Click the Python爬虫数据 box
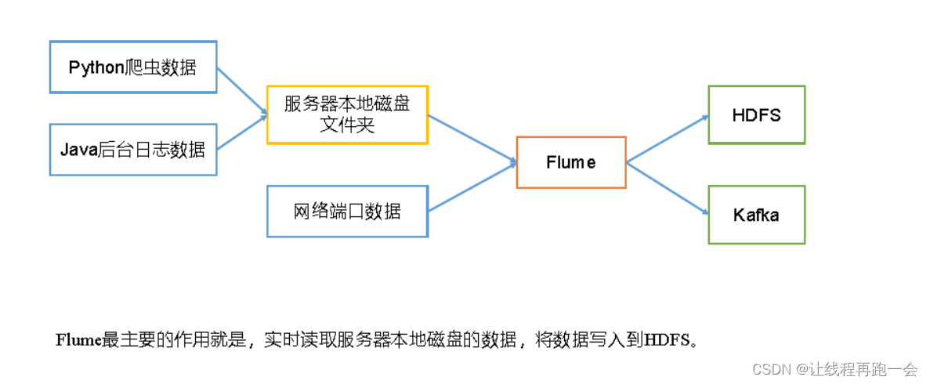132,67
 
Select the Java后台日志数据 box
132,149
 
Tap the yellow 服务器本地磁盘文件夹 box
347,114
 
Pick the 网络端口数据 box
347,211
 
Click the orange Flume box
570,162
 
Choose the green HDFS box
756,114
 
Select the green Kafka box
756,214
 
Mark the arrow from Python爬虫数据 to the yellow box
241,91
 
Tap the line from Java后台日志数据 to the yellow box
241,134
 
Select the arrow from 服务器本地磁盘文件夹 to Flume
472,138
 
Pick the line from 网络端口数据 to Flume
472,187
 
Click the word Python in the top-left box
91,67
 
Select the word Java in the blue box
78,149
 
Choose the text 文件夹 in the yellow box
347,125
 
